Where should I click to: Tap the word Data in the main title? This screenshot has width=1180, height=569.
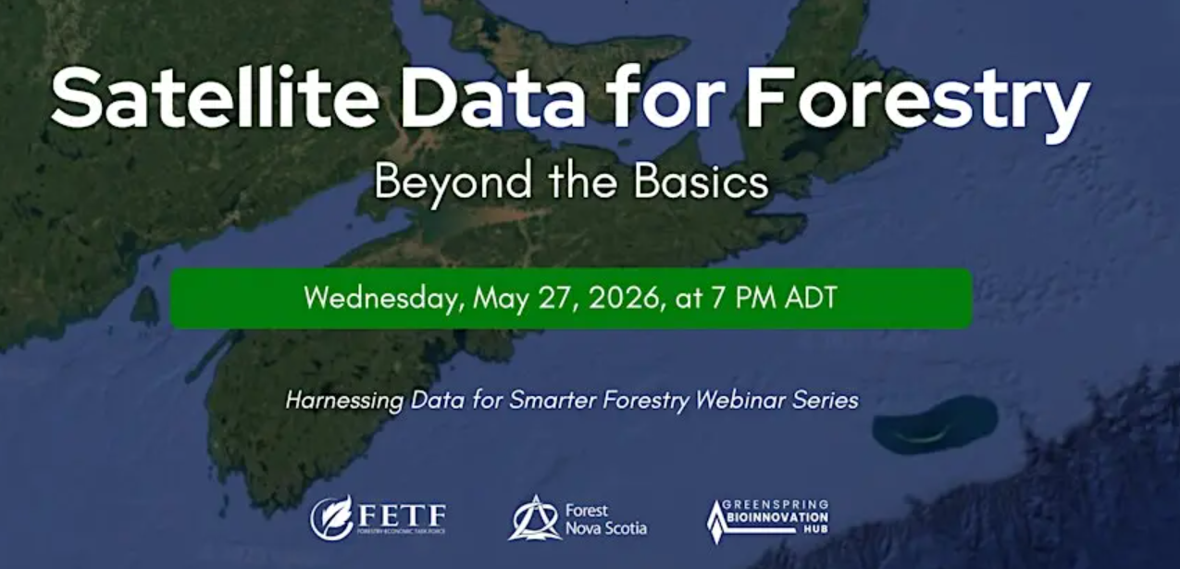pos(493,98)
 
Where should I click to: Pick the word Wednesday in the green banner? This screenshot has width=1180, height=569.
pos(383,299)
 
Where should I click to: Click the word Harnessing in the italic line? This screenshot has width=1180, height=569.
pos(343,401)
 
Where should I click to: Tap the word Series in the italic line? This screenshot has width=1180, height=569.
pos(827,400)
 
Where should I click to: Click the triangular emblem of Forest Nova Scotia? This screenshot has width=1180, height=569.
pos(534,518)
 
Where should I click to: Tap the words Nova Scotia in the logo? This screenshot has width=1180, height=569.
pos(605,528)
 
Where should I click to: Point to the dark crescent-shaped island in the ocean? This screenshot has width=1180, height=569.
pos(935,426)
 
